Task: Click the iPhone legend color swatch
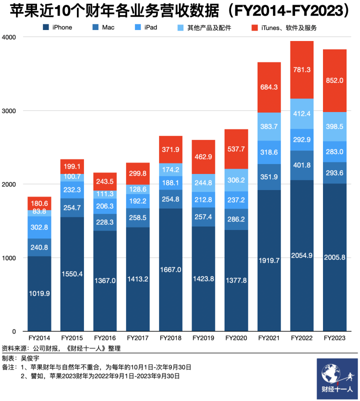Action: (x=45, y=27)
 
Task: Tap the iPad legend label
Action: (x=150, y=27)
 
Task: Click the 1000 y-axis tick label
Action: (x=9, y=258)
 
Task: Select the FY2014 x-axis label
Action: (x=39, y=338)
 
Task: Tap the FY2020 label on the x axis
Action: (x=236, y=338)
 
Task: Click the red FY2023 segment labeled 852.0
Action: (x=334, y=80)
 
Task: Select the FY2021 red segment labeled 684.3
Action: (x=268, y=87)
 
